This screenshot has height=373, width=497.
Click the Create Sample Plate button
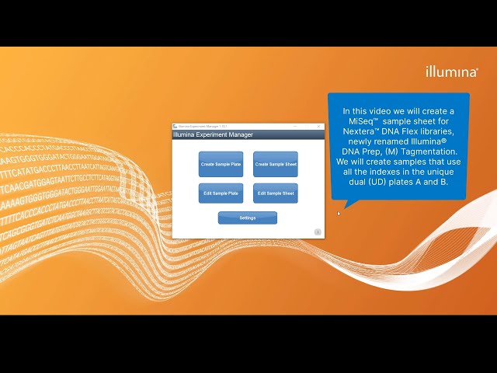click(x=221, y=164)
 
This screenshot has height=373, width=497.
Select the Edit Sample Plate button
click(x=221, y=193)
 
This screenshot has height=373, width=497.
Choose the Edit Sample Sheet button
click(x=276, y=193)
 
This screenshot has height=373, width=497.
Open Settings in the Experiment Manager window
click(x=248, y=218)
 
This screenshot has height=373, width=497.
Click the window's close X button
click(x=318, y=126)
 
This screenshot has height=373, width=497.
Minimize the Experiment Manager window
click(x=295, y=126)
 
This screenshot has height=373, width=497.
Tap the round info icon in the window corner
click(x=318, y=232)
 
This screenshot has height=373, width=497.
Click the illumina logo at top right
click(x=451, y=71)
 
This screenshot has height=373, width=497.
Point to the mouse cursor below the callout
click(x=339, y=214)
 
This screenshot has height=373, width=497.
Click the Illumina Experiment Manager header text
click(x=213, y=135)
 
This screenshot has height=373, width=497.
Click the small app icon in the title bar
click(x=176, y=126)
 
